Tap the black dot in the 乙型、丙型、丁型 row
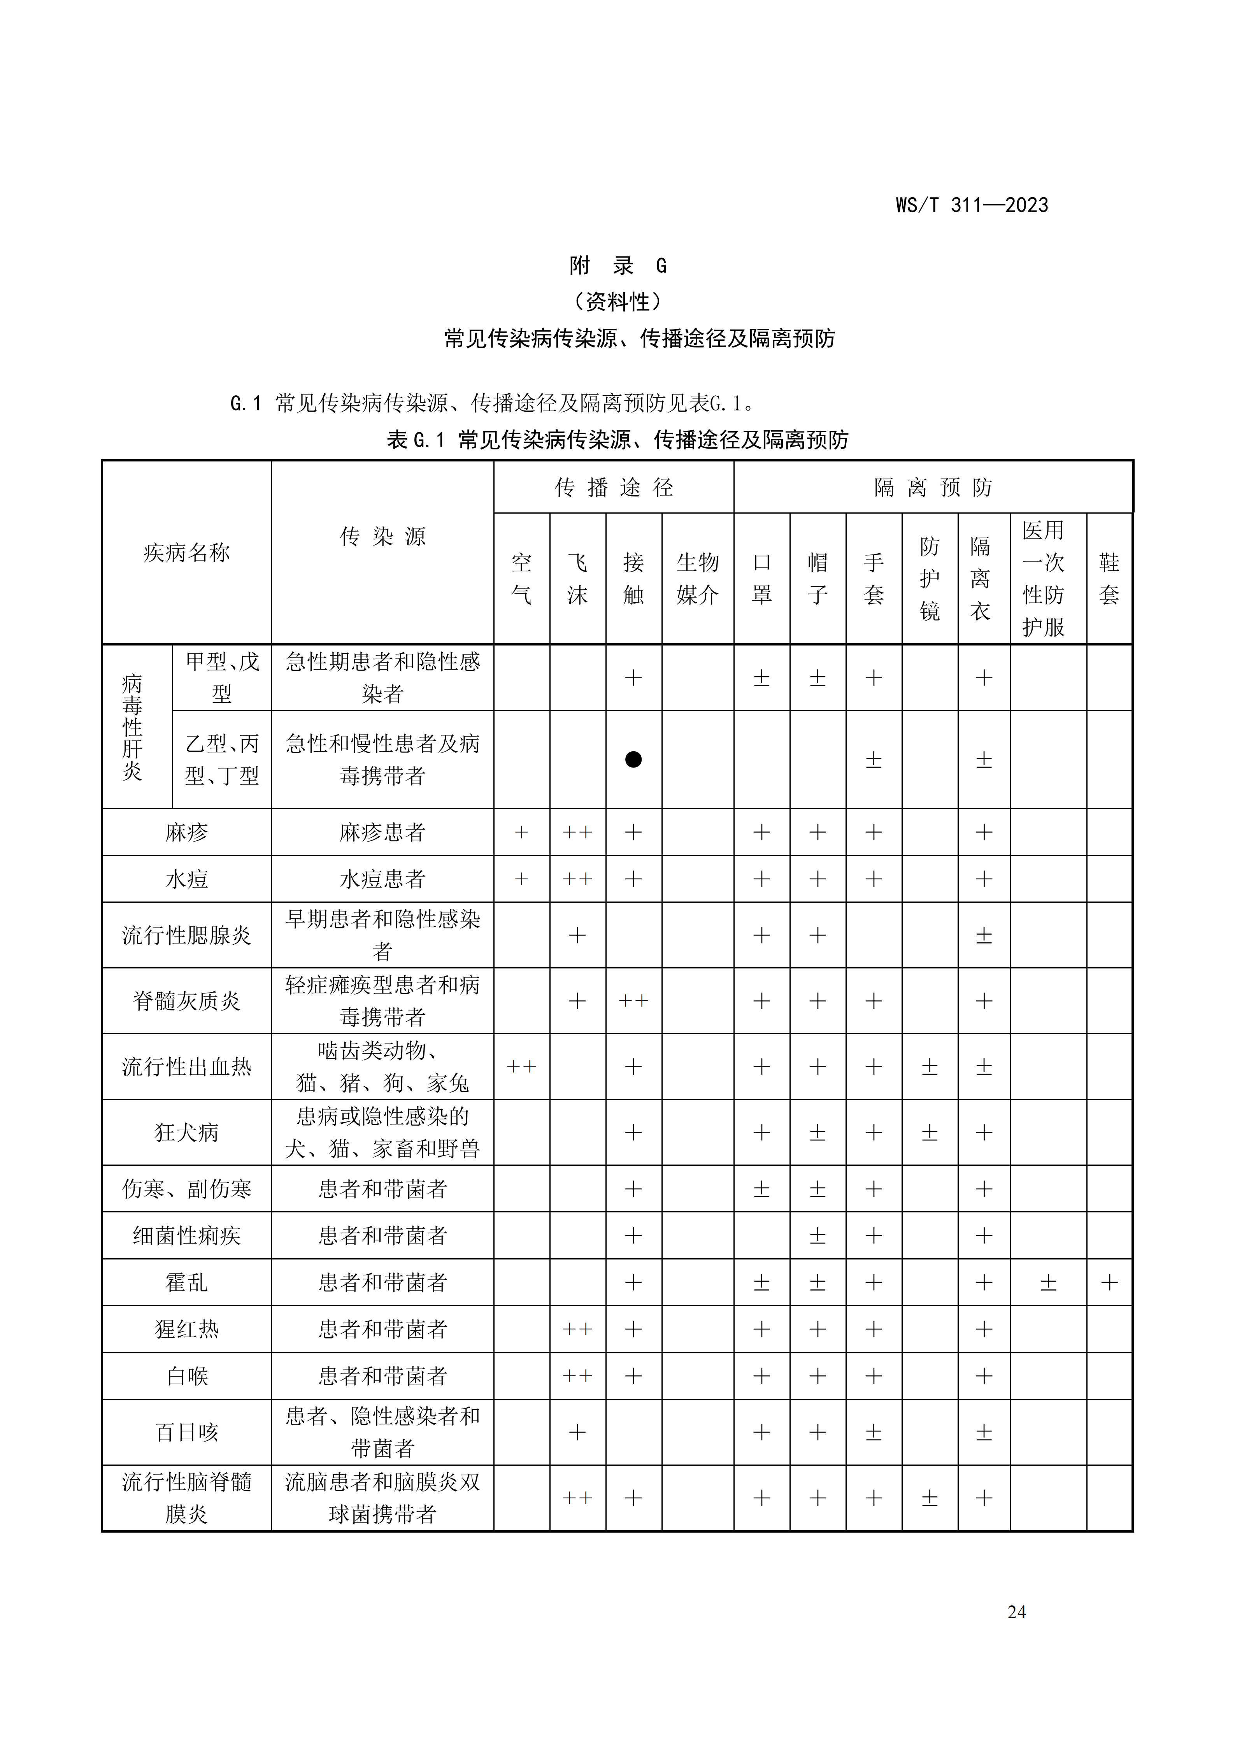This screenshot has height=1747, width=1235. tap(633, 759)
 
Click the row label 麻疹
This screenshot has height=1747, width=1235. tap(186, 832)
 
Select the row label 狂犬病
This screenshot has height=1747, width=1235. tap(186, 1132)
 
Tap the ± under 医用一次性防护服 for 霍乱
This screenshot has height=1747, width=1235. tap(1048, 1283)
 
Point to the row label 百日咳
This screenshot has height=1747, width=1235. tap(186, 1433)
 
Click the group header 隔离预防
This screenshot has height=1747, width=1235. tap(933, 487)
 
